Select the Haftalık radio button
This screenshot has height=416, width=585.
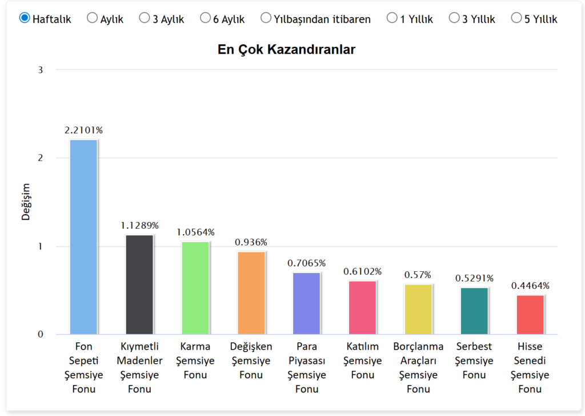pyautogui.click(x=25, y=18)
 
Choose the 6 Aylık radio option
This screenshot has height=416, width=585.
pyautogui.click(x=205, y=18)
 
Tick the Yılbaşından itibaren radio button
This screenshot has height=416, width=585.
pyautogui.click(x=266, y=18)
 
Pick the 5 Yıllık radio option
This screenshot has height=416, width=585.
pyautogui.click(x=516, y=18)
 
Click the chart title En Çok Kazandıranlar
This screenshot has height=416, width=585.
pyautogui.click(x=286, y=50)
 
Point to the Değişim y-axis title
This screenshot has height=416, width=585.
pyautogui.click(x=26, y=202)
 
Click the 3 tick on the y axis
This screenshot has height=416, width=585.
pyautogui.click(x=41, y=70)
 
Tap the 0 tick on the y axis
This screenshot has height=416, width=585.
pyautogui.click(x=41, y=334)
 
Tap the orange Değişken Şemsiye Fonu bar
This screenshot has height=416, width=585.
pyautogui.click(x=251, y=293)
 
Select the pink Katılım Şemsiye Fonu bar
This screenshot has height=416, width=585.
pyautogui.click(x=363, y=307)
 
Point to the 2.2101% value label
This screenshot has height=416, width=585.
pyautogui.click(x=83, y=130)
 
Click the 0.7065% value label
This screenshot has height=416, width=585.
pyautogui.click(x=307, y=263)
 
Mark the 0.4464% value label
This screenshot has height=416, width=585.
pyautogui.click(x=530, y=286)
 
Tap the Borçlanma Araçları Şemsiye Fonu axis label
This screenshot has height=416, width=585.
pyautogui.click(x=418, y=367)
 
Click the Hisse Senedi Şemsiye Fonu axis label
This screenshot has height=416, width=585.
pyautogui.click(x=530, y=367)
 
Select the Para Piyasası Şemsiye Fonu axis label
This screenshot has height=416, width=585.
pyautogui.click(x=307, y=367)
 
